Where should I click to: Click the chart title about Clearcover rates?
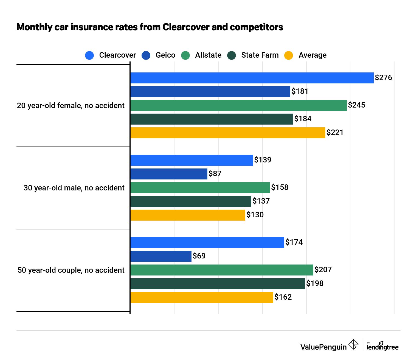coord(150,27)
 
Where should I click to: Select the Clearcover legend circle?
coord(89,55)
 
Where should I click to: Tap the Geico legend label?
coord(165,55)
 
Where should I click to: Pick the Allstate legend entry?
coord(208,55)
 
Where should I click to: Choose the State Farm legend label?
coord(260,55)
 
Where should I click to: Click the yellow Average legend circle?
coord(289,55)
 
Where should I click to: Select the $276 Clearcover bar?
coord(252,78)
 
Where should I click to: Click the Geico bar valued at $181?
coord(210,92)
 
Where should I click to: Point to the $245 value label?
coord(356,105)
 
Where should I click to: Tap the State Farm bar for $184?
coord(212,119)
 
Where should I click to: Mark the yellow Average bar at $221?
coord(228,133)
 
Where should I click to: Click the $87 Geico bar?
coord(169,174)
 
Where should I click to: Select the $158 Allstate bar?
coord(200,188)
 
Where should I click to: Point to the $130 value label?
coord(255,215)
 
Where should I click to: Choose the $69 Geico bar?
coord(161,256)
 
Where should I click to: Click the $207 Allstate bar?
coord(222,270)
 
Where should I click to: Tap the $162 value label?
coord(283,297)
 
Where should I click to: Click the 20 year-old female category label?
coord(71,106)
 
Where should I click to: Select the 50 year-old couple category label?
coord(71,270)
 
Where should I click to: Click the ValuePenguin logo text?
coord(323,347)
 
